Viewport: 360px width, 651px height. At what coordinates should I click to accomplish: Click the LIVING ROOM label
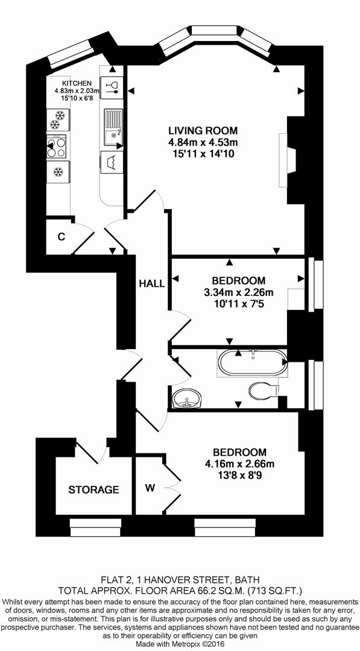click(x=203, y=130)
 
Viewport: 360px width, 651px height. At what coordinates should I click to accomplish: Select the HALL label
click(x=151, y=283)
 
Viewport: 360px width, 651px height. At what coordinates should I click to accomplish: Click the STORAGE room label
click(x=93, y=489)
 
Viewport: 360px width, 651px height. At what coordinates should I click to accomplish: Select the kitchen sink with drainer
click(x=113, y=128)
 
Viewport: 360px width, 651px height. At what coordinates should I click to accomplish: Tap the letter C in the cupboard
click(x=61, y=237)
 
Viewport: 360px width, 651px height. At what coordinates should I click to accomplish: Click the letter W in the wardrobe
click(x=149, y=487)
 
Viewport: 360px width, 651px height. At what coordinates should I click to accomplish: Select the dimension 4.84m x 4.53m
click(x=203, y=142)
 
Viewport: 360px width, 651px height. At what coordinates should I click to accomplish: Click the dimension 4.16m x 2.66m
click(x=239, y=464)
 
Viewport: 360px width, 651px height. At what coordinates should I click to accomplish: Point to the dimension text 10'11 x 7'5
click(x=239, y=304)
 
